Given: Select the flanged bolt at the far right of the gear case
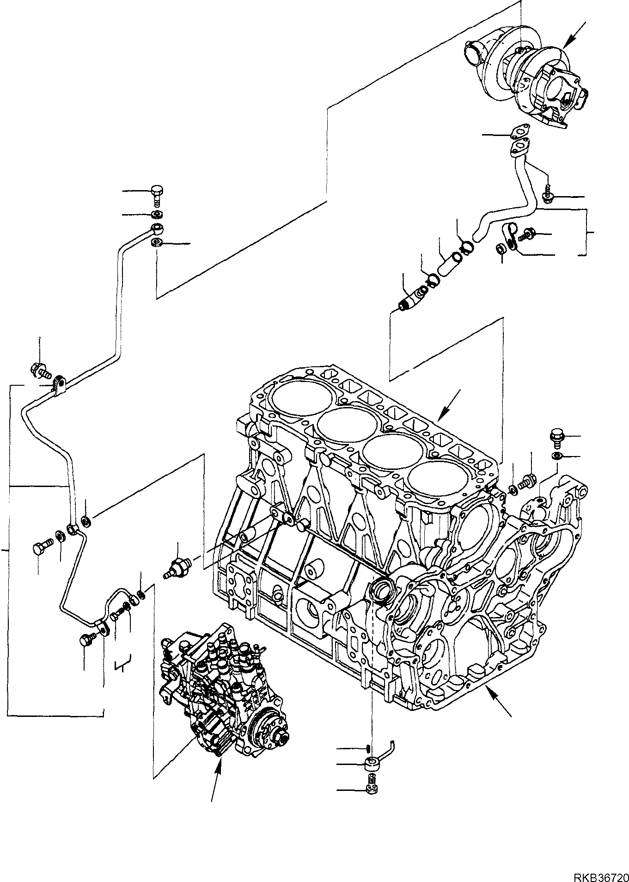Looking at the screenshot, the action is [x=556, y=437].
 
